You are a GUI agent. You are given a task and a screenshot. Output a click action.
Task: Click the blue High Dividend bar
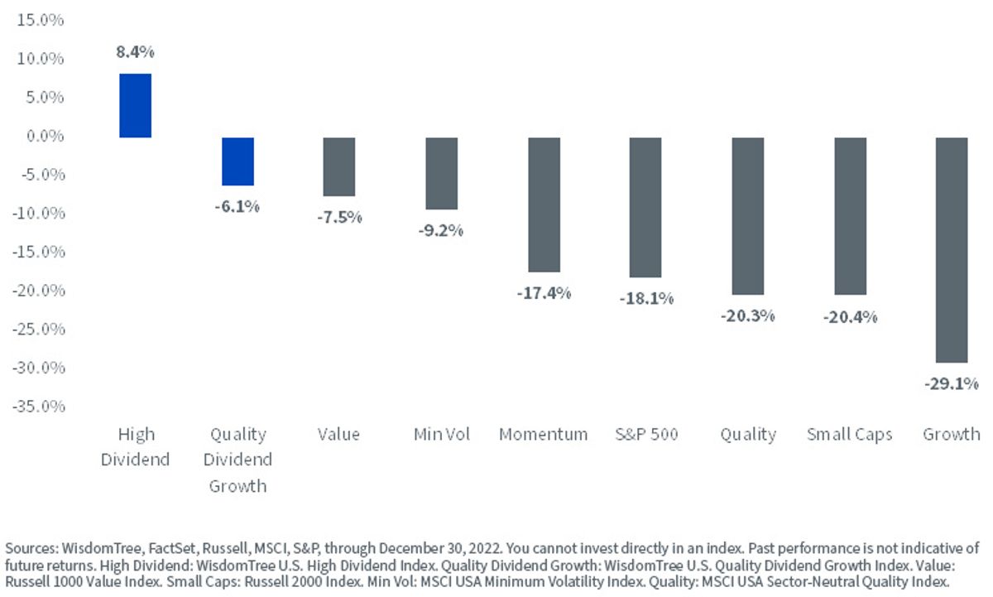[135, 105]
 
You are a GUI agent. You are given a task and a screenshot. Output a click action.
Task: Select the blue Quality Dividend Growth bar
[238, 161]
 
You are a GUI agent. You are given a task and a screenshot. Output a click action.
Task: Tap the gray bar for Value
[339, 166]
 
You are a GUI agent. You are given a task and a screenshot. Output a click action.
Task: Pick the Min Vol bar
[442, 173]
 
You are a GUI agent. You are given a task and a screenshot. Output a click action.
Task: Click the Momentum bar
[544, 205]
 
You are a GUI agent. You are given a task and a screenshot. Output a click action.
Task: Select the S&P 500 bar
[645, 208]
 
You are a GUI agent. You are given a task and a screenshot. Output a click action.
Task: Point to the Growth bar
[952, 250]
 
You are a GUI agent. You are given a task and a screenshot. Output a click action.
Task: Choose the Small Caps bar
[851, 216]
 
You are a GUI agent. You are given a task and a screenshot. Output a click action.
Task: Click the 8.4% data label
[135, 52]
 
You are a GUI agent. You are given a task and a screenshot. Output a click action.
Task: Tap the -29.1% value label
[952, 383]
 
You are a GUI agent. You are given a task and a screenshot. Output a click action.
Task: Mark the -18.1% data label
[646, 298]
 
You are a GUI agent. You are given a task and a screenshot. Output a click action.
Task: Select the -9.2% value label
[440, 231]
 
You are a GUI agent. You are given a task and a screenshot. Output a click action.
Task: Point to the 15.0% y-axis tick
[41, 20]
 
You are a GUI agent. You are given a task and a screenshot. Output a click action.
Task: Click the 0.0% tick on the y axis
[46, 136]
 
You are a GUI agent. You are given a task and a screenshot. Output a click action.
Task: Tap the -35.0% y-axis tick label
[39, 407]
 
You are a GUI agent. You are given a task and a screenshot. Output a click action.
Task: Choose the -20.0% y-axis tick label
[39, 291]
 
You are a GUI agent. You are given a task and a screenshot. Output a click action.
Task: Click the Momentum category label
[544, 434]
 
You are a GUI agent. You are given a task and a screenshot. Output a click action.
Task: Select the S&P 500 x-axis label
[646, 434]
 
